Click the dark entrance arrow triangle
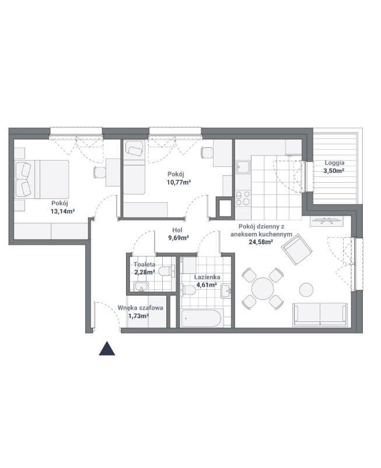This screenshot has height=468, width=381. (107, 349)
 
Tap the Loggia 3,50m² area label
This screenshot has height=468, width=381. (334, 167)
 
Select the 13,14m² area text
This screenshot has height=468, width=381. (62, 212)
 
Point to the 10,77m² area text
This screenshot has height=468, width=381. (179, 182)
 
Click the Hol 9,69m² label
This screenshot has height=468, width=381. (178, 234)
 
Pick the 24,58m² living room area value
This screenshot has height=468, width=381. (261, 242)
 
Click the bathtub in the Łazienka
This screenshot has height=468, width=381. (201, 318)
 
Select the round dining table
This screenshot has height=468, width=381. (263, 289)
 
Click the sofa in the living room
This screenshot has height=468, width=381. (320, 314)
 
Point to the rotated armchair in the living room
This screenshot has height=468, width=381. (297, 249)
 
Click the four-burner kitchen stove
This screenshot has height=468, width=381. (243, 199)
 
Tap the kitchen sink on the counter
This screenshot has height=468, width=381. (243, 167)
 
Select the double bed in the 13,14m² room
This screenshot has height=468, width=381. (42, 179)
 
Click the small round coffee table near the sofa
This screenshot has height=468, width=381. (306, 290)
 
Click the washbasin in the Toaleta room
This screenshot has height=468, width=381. (141, 286)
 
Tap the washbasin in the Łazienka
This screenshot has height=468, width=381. (226, 291)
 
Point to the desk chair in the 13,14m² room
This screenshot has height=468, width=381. (100, 172)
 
